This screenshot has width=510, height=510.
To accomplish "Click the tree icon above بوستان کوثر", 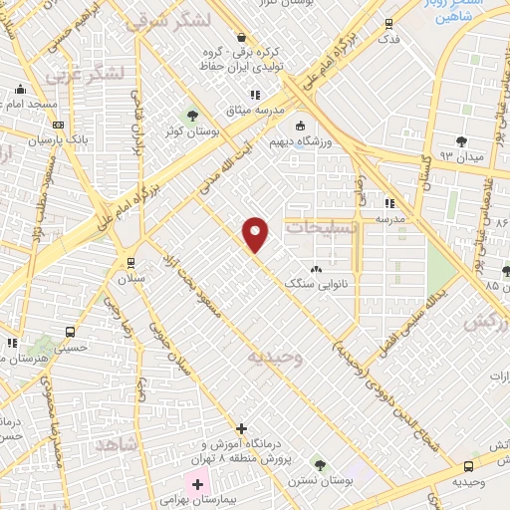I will tap(192, 115).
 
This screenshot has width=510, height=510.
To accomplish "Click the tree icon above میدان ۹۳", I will tap(460, 141).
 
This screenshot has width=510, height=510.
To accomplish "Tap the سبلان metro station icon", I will tap(130, 263).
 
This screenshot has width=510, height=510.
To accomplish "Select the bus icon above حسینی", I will tap(70, 333).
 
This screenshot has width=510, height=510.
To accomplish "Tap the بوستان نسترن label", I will tap(320, 479).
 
